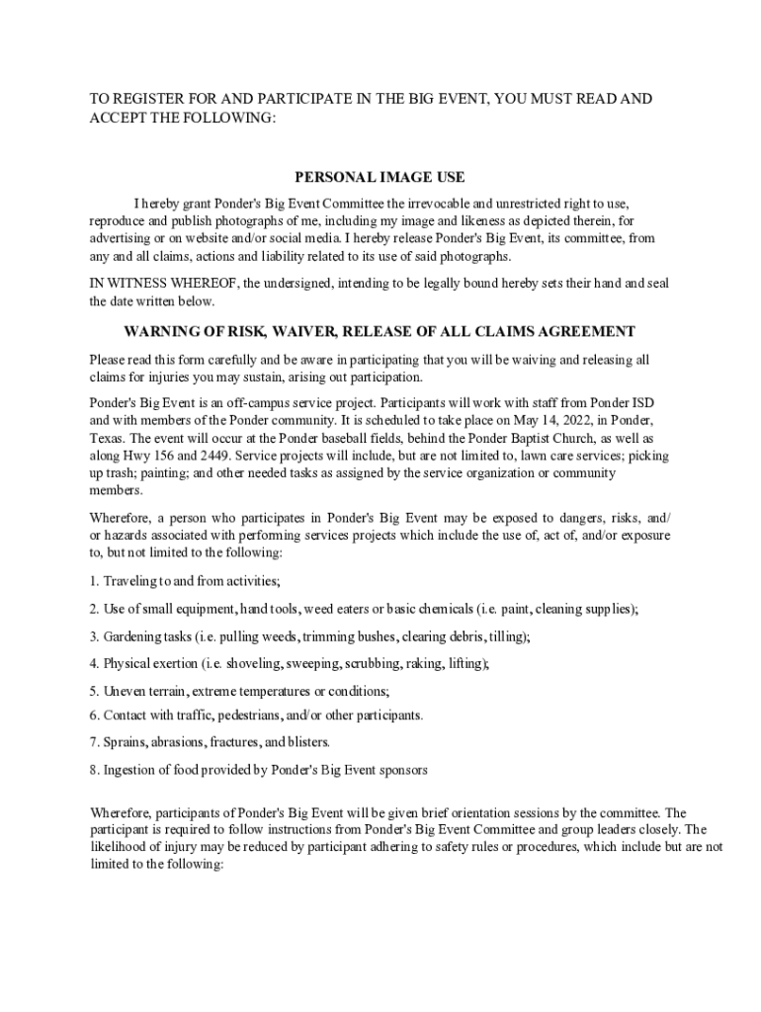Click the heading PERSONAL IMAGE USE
(x=380, y=178)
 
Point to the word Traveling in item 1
(x=131, y=580)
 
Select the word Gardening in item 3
(x=133, y=636)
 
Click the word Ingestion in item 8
(x=130, y=770)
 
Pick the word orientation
(x=465, y=813)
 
